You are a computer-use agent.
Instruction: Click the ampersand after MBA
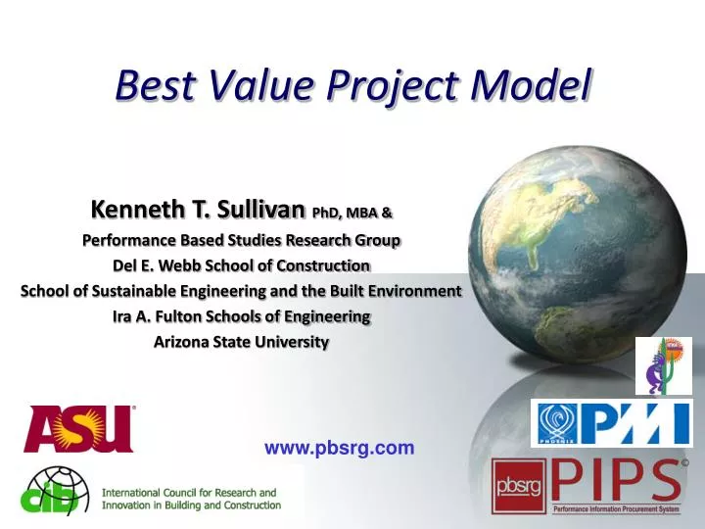point(387,212)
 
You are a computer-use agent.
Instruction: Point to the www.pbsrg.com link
point(339,449)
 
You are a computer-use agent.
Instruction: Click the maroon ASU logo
point(79,429)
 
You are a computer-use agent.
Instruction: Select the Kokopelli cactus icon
point(663,365)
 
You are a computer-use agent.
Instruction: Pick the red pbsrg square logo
point(519,487)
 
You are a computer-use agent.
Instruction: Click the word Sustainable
point(159,291)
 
